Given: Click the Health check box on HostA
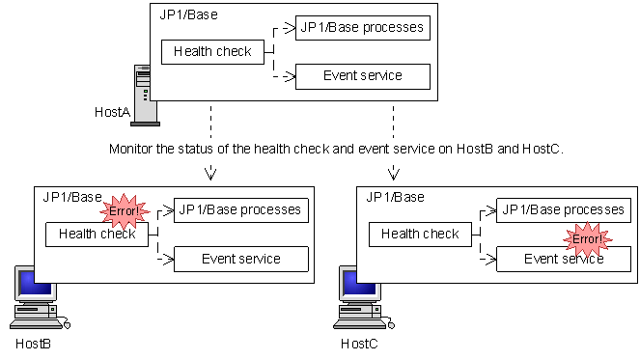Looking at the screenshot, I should (x=212, y=52).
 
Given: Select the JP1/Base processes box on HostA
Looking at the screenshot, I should (x=362, y=27).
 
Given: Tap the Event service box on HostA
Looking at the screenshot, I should (x=362, y=76).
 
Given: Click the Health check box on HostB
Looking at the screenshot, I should (x=97, y=234).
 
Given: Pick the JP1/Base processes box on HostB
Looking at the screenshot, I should (x=240, y=209).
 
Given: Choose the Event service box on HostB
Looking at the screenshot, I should (x=240, y=259).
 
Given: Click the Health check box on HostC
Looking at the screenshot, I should (x=420, y=234).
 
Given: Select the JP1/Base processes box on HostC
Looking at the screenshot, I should (x=563, y=209).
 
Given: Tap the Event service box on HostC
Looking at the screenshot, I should (x=563, y=259).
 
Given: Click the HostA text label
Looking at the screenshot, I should (x=112, y=112).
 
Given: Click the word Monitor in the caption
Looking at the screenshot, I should (x=131, y=150).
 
